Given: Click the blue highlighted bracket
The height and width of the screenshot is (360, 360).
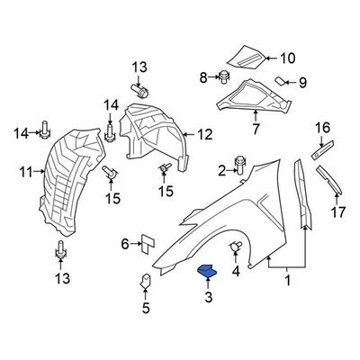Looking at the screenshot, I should click(208, 273).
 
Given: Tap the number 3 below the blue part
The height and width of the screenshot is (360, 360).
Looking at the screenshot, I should click(208, 297).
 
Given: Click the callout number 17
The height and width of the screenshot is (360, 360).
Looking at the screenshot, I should click(338, 213).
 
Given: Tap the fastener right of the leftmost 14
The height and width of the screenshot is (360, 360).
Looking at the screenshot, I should click(43, 134).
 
